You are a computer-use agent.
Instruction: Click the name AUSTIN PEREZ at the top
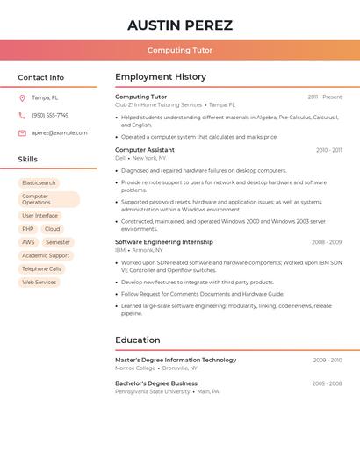coord(180,25)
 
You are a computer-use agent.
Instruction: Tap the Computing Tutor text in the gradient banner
coord(180,51)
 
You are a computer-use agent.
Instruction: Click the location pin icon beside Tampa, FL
coord(22,97)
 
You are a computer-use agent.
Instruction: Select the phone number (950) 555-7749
coord(50,115)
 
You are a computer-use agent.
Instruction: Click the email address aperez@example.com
coord(60,132)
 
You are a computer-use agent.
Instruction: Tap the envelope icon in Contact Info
coord(22,133)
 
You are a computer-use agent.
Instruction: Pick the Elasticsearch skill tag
coord(39,183)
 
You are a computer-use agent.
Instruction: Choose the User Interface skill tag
coord(40,216)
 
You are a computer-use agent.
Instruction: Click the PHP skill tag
coord(28,229)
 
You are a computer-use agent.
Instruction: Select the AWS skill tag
coord(29,242)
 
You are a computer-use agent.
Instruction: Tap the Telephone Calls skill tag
coord(41,268)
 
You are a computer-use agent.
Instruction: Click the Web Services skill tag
coord(39,283)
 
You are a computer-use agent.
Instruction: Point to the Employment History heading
coord(161,77)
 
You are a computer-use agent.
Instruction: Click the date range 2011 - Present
coord(325,97)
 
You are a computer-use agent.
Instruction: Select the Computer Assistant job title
coord(145,150)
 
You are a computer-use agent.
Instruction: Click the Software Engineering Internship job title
coord(164,241)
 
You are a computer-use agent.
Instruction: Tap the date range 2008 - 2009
coord(327,242)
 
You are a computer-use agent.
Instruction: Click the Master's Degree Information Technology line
coord(176,360)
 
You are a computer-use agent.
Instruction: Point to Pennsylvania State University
coord(152,391)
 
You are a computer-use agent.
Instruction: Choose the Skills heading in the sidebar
coord(28,160)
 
